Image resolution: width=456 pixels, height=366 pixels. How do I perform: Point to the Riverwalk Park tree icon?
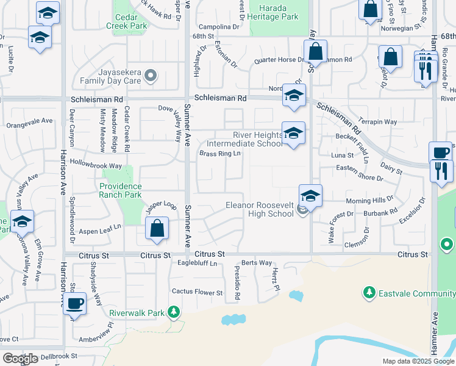click(174, 313)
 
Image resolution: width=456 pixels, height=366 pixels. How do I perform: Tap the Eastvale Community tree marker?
click(368, 293)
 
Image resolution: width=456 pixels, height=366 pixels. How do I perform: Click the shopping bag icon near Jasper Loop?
click(157, 229)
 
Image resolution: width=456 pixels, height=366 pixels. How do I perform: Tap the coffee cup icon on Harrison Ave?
click(75, 303)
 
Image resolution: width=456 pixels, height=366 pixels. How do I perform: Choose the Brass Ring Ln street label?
click(220, 153)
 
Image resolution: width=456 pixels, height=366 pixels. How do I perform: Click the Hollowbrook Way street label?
click(96, 166)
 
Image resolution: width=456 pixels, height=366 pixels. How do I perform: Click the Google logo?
click(20, 359)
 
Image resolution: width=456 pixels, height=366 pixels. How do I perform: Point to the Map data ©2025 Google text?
click(418, 361)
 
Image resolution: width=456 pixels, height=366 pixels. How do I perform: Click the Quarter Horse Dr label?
click(279, 60)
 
